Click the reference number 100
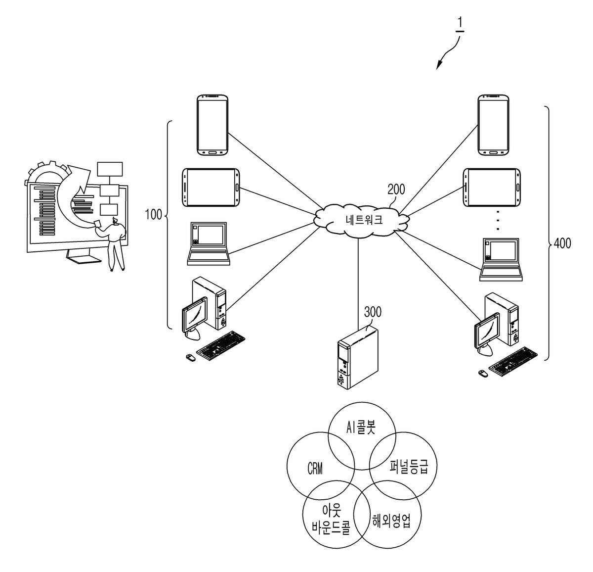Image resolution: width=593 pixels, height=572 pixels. [x=153, y=214]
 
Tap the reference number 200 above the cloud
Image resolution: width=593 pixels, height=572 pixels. [x=396, y=190]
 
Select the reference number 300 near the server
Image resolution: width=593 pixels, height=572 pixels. [x=373, y=312]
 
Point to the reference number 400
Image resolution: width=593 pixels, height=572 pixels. [x=562, y=243]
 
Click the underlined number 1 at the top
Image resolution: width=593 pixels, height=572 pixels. [x=460, y=24]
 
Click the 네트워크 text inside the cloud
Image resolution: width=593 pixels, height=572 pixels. [x=364, y=220]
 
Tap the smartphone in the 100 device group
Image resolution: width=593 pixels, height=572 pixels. [x=212, y=125]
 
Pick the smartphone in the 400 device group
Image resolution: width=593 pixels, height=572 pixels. [x=493, y=125]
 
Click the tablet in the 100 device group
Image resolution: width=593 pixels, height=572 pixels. [x=211, y=188]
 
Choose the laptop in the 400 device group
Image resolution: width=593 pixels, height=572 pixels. [x=501, y=260]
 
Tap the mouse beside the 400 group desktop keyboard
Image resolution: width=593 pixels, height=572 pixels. [x=482, y=373]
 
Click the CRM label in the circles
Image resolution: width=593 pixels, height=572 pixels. [x=315, y=468]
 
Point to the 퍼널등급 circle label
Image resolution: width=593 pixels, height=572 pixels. [x=409, y=467]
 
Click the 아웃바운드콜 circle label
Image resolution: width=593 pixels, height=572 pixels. [x=331, y=519]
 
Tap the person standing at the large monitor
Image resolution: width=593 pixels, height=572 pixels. [x=114, y=244]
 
